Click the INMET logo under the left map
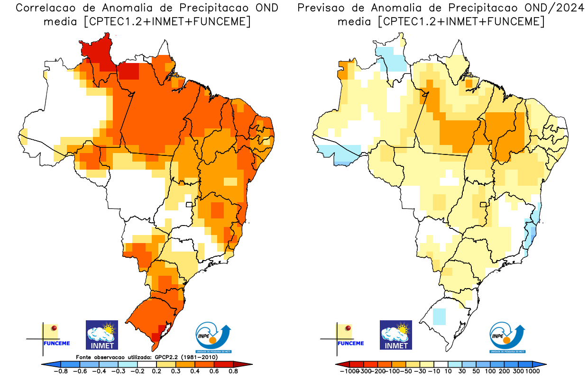click(x=101, y=335)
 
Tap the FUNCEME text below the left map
click(x=56, y=343)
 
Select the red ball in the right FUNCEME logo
click(x=348, y=328)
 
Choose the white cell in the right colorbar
click(x=441, y=364)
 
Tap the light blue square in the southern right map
click(x=440, y=316)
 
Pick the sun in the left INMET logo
click(x=110, y=328)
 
